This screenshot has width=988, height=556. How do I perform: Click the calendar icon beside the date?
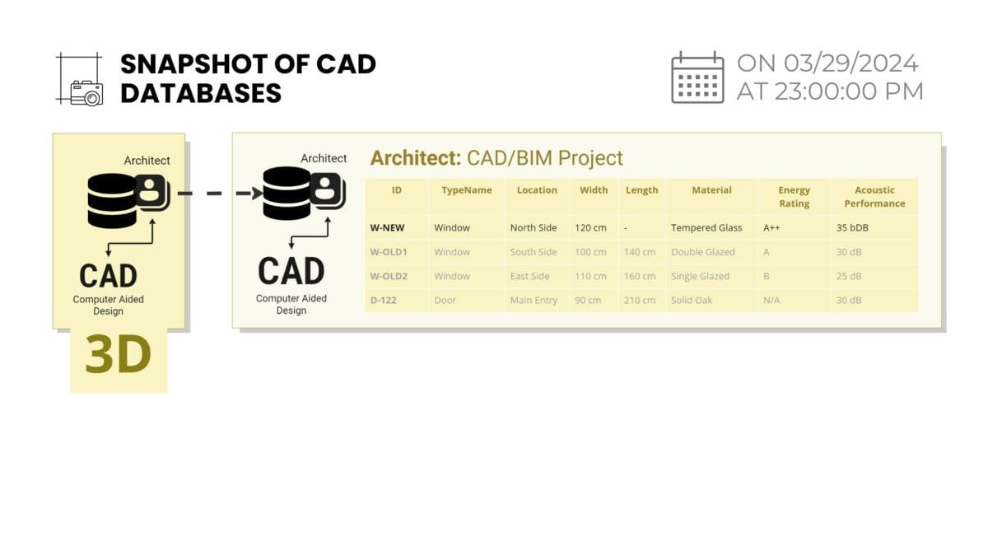tap(697, 77)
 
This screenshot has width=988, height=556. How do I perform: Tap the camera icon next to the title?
tap(87, 93)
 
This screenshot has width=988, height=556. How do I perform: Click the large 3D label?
tap(119, 354)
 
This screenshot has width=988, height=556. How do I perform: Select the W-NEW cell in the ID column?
tap(387, 227)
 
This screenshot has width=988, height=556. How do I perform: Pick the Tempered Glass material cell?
tap(706, 227)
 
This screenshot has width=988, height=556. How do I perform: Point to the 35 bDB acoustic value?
tap(852, 227)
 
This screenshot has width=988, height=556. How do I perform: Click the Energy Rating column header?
tap(794, 197)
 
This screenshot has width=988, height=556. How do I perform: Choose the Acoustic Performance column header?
tap(874, 197)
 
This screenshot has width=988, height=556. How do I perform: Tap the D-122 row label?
tap(384, 300)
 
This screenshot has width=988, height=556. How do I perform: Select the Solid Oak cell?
tap(692, 300)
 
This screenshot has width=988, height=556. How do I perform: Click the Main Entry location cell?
tap(534, 300)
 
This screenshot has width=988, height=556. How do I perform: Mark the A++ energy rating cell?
tap(771, 227)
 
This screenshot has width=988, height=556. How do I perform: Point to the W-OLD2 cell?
tap(389, 276)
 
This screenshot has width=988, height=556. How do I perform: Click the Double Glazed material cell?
tap(703, 252)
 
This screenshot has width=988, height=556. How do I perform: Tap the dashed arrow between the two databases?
tap(220, 194)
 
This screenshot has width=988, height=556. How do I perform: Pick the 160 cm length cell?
tap(640, 276)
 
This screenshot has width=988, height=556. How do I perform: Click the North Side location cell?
tap(534, 227)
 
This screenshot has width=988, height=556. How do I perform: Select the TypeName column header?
tap(467, 190)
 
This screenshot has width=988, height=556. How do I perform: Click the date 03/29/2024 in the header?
tap(851, 63)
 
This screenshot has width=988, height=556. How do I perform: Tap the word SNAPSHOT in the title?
tap(193, 64)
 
